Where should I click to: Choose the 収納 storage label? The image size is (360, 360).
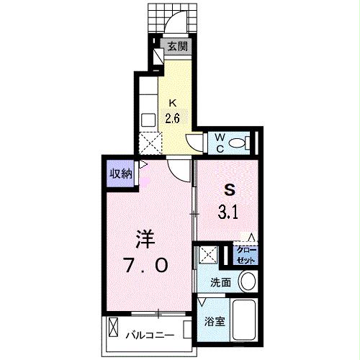point(120,173)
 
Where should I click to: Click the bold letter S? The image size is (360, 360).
point(230,190)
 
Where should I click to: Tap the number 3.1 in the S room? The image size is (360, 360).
point(230,212)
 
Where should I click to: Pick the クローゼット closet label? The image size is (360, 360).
point(246,255)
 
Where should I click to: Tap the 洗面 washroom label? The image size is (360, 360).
point(220,282)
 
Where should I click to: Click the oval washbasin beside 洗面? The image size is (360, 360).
point(248,281)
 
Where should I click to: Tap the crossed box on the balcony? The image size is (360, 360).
point(114,330)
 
